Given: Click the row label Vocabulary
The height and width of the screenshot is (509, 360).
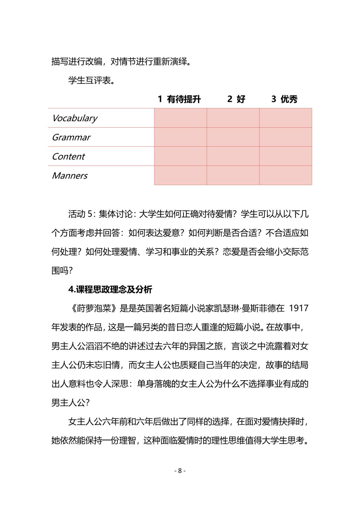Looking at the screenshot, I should pyautogui.click(x=74, y=118).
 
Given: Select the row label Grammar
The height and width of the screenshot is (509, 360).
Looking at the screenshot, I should pyautogui.click(x=71, y=137).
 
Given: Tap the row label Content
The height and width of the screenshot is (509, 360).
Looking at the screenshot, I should pyautogui.click(x=68, y=156).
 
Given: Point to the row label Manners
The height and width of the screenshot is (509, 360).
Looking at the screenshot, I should pyautogui.click(x=69, y=175).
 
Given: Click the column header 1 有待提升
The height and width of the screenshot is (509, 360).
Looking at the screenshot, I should pyautogui.click(x=179, y=99).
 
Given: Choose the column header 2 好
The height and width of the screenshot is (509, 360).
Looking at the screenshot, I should pyautogui.click(x=236, y=99).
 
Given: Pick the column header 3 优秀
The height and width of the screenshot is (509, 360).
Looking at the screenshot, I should pyautogui.click(x=284, y=99).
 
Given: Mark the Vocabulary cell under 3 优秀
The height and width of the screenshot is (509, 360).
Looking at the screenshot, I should pyautogui.click(x=285, y=118).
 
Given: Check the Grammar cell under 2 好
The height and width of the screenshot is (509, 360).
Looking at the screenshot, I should pyautogui.click(x=233, y=137).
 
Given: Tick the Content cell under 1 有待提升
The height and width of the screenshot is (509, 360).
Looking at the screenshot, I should pyautogui.click(x=180, y=156).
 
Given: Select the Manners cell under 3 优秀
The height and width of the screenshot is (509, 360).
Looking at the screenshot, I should pyautogui.click(x=285, y=175).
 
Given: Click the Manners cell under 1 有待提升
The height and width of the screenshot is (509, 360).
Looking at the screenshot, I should pyautogui.click(x=180, y=175).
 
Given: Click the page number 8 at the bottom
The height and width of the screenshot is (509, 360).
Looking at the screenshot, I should pyautogui.click(x=180, y=471).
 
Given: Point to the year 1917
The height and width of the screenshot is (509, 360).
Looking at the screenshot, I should pyautogui.click(x=298, y=308).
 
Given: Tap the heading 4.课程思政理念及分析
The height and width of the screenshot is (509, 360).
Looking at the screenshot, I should pyautogui.click(x=110, y=289).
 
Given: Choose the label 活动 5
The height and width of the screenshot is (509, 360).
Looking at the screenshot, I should pyautogui.click(x=81, y=214).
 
